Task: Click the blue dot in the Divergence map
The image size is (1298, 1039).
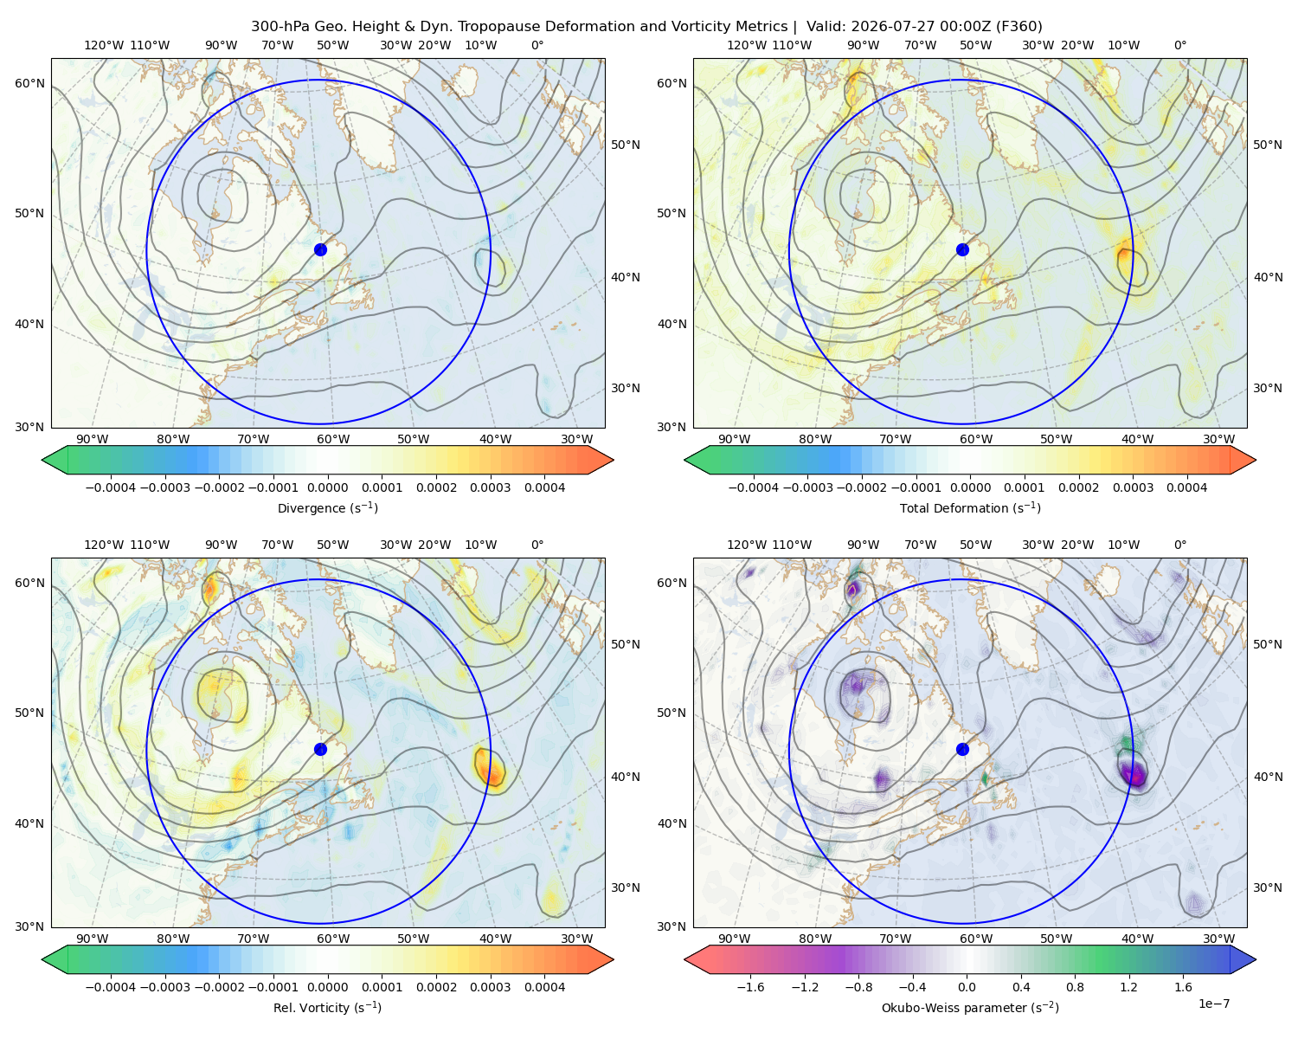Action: pyautogui.click(x=320, y=249)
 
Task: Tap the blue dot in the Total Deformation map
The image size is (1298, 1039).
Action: pyautogui.click(x=962, y=249)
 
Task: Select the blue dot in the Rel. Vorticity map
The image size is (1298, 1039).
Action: pyautogui.click(x=320, y=749)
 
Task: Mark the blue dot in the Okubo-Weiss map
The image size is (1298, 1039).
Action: pyautogui.click(x=962, y=749)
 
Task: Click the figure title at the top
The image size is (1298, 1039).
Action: pyautogui.click(x=646, y=26)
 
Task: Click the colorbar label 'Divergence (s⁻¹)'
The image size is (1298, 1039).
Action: pyautogui.click(x=327, y=507)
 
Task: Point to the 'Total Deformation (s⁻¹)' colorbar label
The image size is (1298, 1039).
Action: pyautogui.click(x=970, y=507)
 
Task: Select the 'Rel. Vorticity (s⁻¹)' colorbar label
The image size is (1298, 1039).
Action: pyautogui.click(x=327, y=1007)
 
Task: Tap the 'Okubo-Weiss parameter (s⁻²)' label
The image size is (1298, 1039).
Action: pyautogui.click(x=970, y=1007)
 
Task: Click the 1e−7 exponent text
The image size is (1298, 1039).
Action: pyautogui.click(x=1213, y=1004)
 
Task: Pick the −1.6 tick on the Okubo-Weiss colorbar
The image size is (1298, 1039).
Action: pyautogui.click(x=750, y=987)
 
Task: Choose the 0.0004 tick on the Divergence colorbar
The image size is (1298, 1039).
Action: pyautogui.click(x=544, y=487)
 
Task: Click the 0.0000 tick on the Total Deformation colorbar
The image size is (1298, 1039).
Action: pyautogui.click(x=970, y=487)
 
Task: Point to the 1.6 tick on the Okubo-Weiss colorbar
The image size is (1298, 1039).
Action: pyautogui.click(x=1183, y=987)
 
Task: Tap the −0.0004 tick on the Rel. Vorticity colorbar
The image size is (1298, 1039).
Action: pyautogui.click(x=111, y=987)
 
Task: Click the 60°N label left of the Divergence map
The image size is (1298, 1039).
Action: pyautogui.click(x=29, y=83)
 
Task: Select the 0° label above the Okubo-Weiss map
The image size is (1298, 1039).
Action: pyautogui.click(x=1179, y=545)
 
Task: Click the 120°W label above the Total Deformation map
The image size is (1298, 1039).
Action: pyautogui.click(x=746, y=45)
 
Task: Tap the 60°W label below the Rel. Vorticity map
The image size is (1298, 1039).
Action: pyautogui.click(x=333, y=939)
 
